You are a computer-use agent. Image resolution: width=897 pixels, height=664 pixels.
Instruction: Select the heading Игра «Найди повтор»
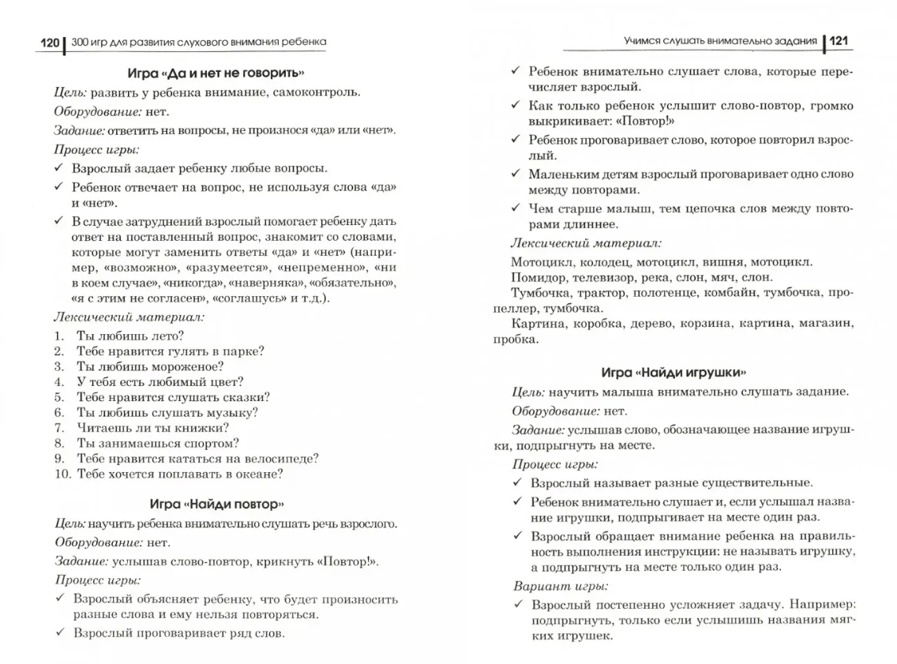(216, 503)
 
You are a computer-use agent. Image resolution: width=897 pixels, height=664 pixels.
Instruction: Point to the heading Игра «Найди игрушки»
(673, 371)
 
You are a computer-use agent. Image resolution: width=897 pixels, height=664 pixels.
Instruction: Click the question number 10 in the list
(62, 474)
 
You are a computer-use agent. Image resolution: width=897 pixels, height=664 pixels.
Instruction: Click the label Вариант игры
(560, 586)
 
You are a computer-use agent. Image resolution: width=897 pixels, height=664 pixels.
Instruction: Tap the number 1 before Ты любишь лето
(59, 336)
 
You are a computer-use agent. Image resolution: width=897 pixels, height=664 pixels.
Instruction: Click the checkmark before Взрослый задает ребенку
(60, 168)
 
